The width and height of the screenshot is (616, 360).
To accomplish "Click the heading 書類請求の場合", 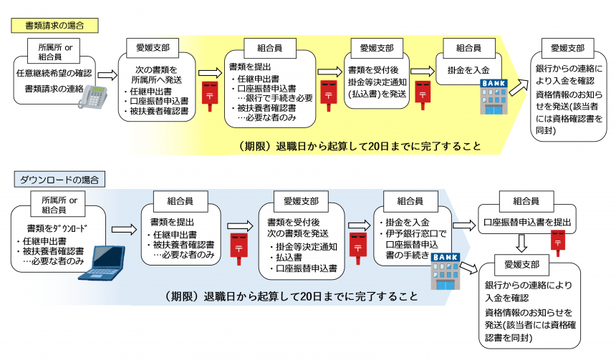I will [54, 25].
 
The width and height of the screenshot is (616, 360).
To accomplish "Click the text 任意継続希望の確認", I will [54, 74].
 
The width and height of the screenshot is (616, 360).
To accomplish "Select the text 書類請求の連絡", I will [54, 88].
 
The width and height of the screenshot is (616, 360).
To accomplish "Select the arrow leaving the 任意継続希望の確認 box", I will [107, 74].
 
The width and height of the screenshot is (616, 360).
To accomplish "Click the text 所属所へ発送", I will [158, 81].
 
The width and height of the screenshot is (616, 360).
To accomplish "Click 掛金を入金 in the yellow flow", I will [468, 71].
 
